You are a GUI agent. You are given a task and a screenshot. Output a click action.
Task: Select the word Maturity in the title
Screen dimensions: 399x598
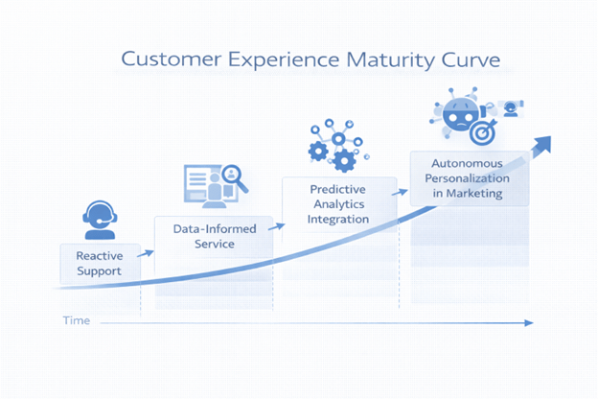374,59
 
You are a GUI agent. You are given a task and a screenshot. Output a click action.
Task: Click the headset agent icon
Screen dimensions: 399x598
100,219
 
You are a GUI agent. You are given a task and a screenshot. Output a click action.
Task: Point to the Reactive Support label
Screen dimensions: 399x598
100,263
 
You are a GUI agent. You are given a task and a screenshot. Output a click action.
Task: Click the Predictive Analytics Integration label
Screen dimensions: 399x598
338,203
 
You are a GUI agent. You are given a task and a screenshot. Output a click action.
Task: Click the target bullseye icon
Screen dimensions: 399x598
487,128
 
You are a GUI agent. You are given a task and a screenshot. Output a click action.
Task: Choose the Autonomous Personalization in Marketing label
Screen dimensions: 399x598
468,178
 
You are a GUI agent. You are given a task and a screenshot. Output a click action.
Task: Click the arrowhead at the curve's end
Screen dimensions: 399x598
543,144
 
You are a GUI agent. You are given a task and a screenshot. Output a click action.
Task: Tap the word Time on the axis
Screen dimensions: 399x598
76,320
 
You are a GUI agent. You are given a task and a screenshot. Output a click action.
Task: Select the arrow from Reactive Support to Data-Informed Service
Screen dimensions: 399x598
145,254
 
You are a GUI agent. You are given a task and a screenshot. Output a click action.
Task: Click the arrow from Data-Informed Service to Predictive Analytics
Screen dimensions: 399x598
278,226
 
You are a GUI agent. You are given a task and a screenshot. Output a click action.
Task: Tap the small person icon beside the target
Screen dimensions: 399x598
511,107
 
